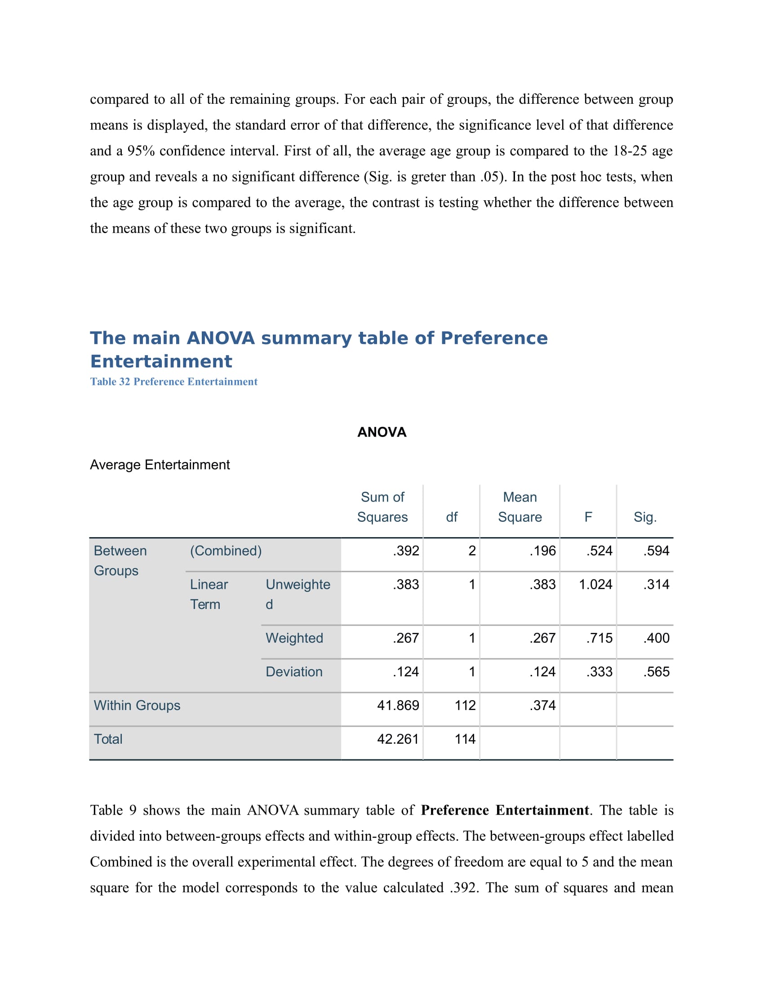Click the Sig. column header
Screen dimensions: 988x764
tap(644, 517)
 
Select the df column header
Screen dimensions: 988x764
tap(451, 517)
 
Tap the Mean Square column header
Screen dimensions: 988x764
tap(520, 507)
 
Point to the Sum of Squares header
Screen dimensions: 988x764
tap(382, 507)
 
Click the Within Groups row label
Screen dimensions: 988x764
tap(137, 705)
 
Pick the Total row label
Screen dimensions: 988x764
tap(108, 739)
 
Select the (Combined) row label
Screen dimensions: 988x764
tap(226, 551)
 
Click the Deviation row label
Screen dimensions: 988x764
tap(294, 672)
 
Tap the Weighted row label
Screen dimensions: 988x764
tap(294, 638)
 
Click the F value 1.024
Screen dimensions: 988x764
tap(595, 584)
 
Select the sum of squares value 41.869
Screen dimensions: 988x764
tap(398, 705)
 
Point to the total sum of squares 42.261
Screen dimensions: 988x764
tap(398, 739)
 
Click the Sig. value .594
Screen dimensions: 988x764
tap(656, 551)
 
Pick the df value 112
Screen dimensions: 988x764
tap(465, 705)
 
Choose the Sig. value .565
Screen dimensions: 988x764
tap(656, 672)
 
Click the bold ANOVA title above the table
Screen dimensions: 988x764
tap(382, 432)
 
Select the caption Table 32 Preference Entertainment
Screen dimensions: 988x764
tap(173, 382)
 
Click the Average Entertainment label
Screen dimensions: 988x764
tap(160, 465)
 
